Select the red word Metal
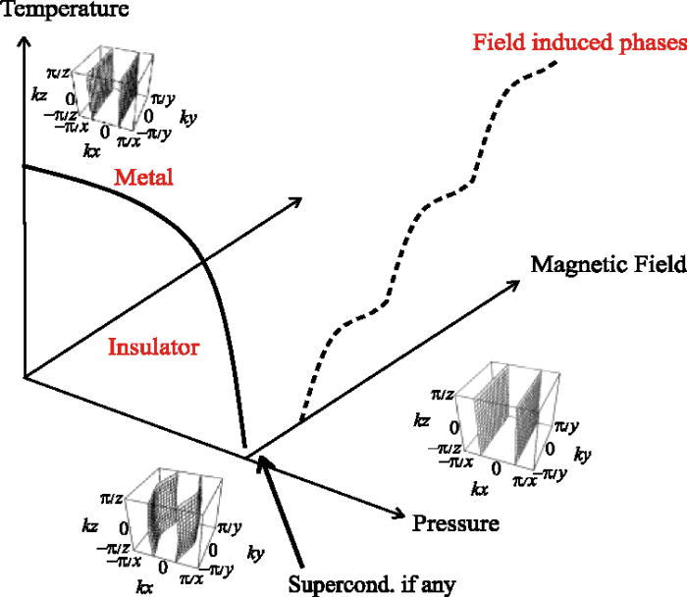142,179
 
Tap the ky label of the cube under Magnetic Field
582,458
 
